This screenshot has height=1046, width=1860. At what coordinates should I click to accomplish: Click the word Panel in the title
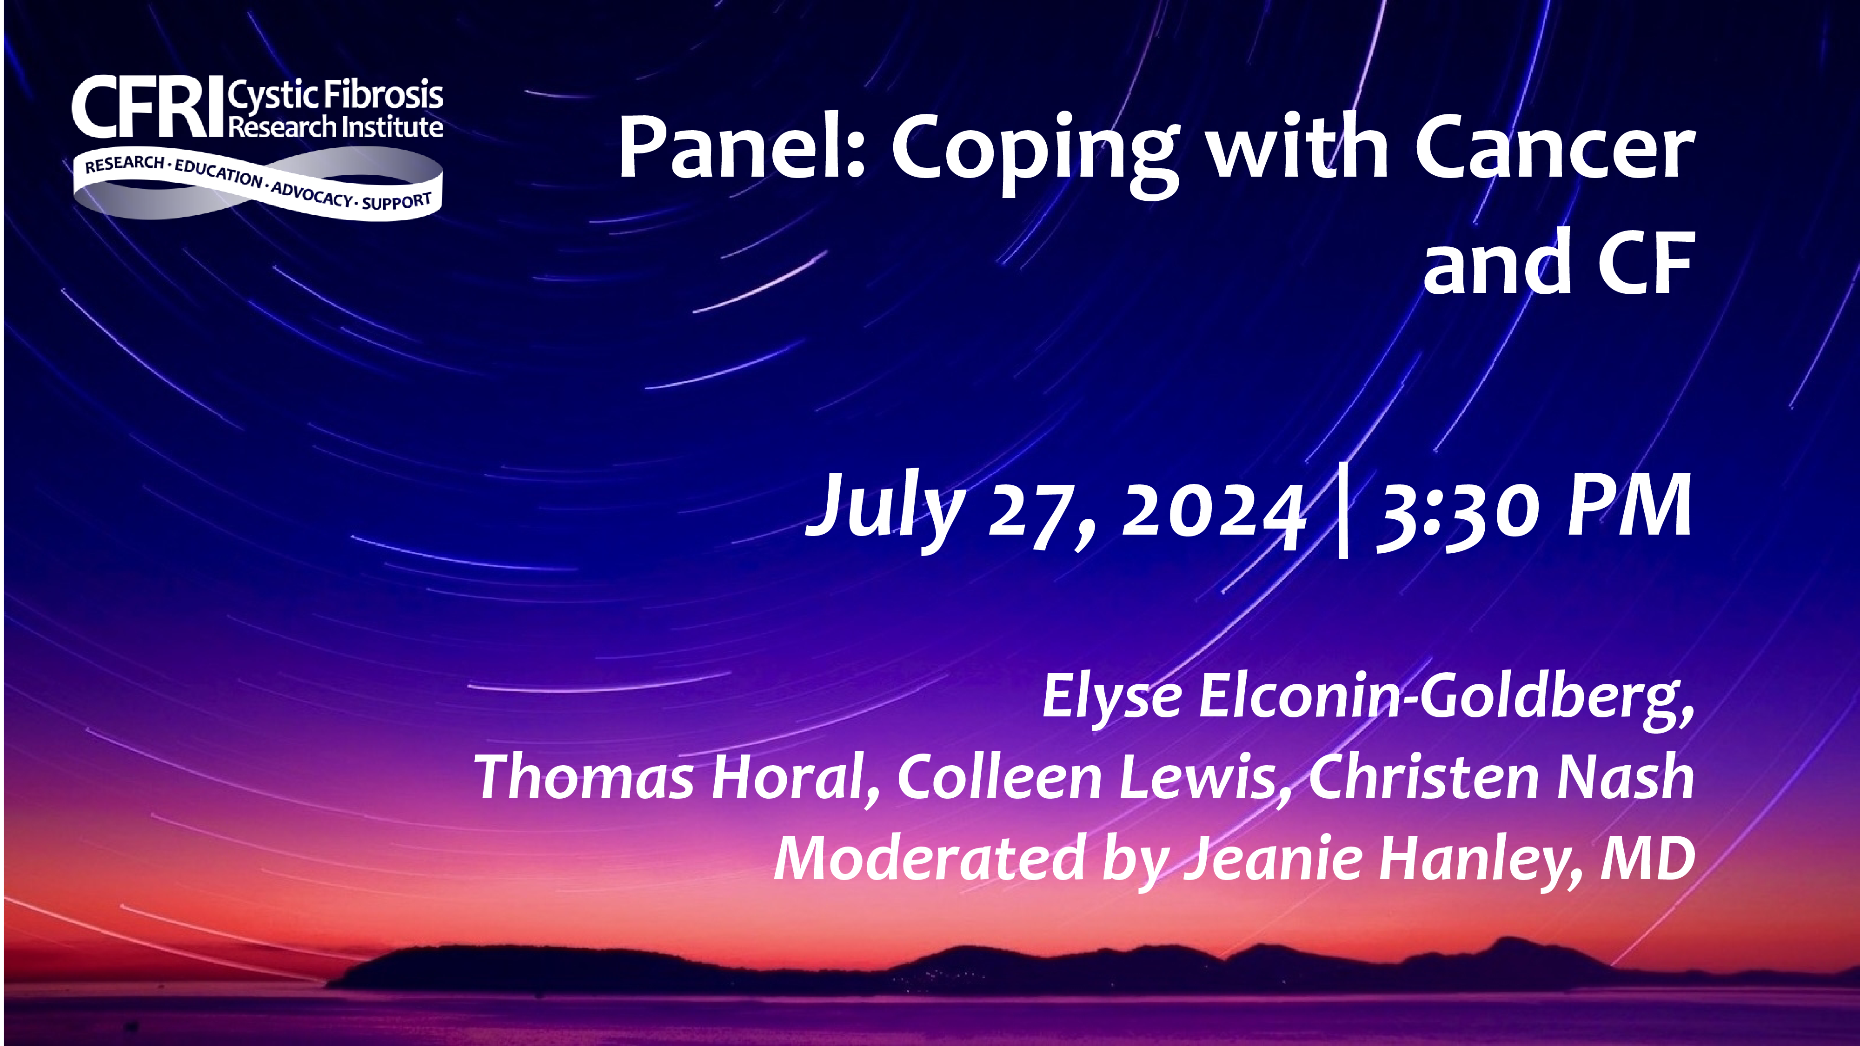tap(742, 147)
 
